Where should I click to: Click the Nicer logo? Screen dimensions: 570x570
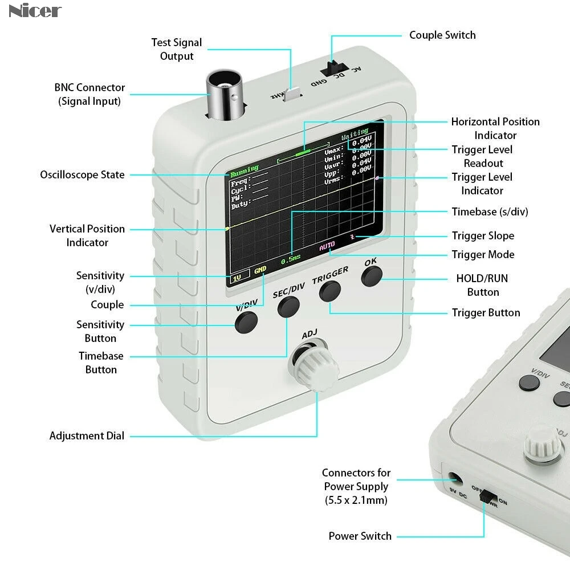35,10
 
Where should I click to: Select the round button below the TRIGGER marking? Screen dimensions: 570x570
329,292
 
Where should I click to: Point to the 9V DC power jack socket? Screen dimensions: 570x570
455,479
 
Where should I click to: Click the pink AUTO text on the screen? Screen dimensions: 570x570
327,246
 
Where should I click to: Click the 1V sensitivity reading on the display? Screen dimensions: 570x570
237,277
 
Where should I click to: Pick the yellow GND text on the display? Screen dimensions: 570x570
260,270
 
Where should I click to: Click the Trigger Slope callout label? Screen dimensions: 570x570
483,235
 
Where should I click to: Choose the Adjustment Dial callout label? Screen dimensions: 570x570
87,436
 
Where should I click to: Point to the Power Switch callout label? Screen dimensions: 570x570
360,536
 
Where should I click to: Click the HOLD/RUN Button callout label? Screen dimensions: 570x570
482,285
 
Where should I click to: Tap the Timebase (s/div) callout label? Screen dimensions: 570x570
490,211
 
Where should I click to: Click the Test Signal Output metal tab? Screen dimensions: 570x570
293,94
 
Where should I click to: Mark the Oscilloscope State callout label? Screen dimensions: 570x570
82,174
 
